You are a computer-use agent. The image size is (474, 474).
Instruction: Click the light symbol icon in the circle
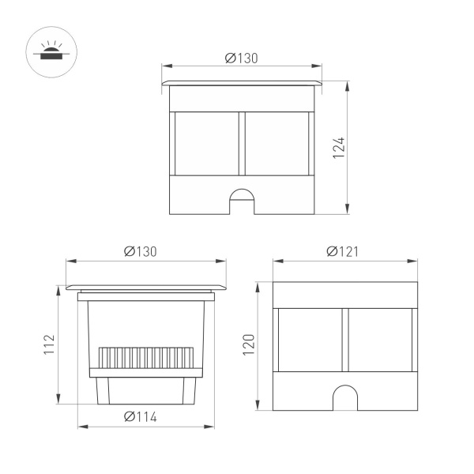pos(50,51)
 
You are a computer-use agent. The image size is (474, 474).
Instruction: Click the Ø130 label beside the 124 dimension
pos(241,58)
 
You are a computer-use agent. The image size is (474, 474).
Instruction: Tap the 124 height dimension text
pos(338,147)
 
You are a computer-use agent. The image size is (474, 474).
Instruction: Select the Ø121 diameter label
pos(343,251)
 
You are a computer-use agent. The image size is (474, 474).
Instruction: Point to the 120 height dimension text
pos(249,346)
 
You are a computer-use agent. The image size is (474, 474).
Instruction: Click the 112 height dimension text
pos(49,345)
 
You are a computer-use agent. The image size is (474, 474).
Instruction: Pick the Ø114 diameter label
pos(140,417)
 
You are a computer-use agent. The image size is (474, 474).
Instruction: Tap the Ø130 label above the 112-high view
pos(140,251)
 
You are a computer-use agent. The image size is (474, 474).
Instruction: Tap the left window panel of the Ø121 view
pos(310,340)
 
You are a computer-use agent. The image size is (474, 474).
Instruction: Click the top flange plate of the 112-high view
pos(146,286)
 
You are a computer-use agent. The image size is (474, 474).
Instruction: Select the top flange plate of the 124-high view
pos(242,82)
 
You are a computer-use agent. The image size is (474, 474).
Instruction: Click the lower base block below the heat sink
pos(146,390)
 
